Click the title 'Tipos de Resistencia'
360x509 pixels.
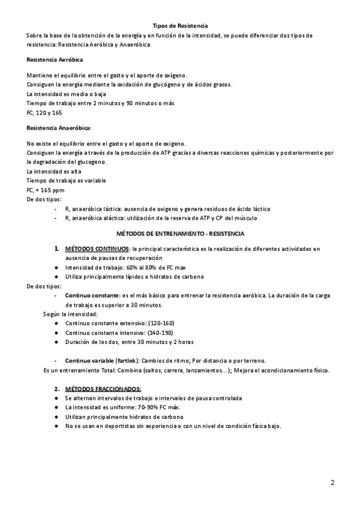(181, 26)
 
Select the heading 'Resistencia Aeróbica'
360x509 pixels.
(55, 60)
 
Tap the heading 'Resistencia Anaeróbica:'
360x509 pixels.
(59, 128)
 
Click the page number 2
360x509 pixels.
(332, 482)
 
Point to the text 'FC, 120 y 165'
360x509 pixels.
(44, 112)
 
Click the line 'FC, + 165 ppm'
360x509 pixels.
(46, 190)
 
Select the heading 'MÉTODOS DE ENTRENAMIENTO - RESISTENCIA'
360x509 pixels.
(180, 232)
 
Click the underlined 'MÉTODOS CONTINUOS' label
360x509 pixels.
(97, 248)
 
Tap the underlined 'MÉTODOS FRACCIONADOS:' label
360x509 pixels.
(103, 388)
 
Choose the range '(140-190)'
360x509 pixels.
(143, 332)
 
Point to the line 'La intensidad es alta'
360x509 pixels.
(55, 172)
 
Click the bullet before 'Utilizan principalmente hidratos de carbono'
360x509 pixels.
(55, 417)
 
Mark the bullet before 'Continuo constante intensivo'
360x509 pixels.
(55, 332)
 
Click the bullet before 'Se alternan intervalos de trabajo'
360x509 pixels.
(55, 398)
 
